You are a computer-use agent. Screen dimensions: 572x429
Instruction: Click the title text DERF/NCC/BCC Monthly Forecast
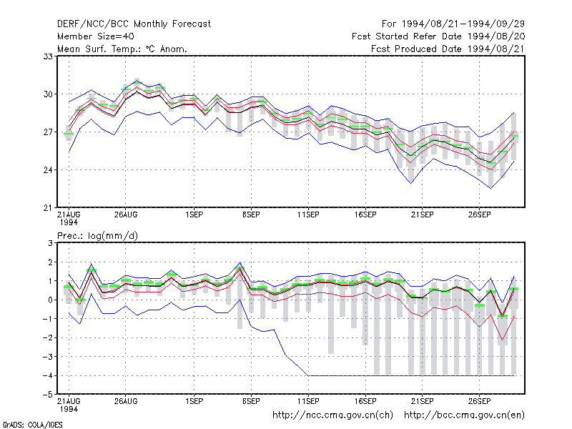pyautogui.click(x=134, y=24)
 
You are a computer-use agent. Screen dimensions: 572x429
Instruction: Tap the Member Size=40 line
pyautogui.click(x=96, y=36)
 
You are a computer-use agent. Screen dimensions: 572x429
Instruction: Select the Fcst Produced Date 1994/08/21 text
pyautogui.click(x=448, y=49)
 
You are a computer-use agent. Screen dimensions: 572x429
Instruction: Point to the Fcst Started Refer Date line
pyautogui.click(x=438, y=36)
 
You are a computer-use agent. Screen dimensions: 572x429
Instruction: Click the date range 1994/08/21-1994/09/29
pyautogui.click(x=463, y=24)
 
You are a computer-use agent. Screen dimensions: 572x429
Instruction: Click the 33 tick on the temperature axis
pyautogui.click(x=48, y=56)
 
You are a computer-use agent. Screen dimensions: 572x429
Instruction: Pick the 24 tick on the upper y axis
pyautogui.click(x=48, y=170)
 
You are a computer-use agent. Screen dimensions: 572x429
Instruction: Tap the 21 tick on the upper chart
pyautogui.click(x=48, y=208)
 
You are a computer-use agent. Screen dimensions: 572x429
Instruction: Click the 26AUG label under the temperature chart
pyautogui.click(x=126, y=215)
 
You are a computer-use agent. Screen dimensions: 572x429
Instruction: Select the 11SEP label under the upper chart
pyautogui.click(x=308, y=215)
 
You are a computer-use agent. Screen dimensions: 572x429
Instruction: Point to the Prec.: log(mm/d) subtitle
pyautogui.click(x=97, y=236)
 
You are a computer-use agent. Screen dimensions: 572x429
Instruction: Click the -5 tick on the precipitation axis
pyautogui.click(x=48, y=395)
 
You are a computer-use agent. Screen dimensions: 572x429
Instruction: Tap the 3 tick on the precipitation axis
pyautogui.click(x=50, y=243)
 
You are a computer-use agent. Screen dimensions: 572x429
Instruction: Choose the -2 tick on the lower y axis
pyautogui.click(x=48, y=337)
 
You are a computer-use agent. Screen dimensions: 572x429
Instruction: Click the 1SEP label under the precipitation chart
pyautogui.click(x=194, y=401)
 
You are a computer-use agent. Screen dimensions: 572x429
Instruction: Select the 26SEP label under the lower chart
pyautogui.click(x=479, y=401)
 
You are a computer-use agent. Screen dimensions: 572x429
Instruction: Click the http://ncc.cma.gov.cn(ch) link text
pyautogui.click(x=332, y=415)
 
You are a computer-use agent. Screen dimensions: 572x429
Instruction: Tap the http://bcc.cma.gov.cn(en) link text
pyautogui.click(x=464, y=415)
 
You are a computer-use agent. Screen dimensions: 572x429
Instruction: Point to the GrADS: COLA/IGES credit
pyautogui.click(x=32, y=425)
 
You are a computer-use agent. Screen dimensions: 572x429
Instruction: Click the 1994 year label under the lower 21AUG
pyautogui.click(x=69, y=409)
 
